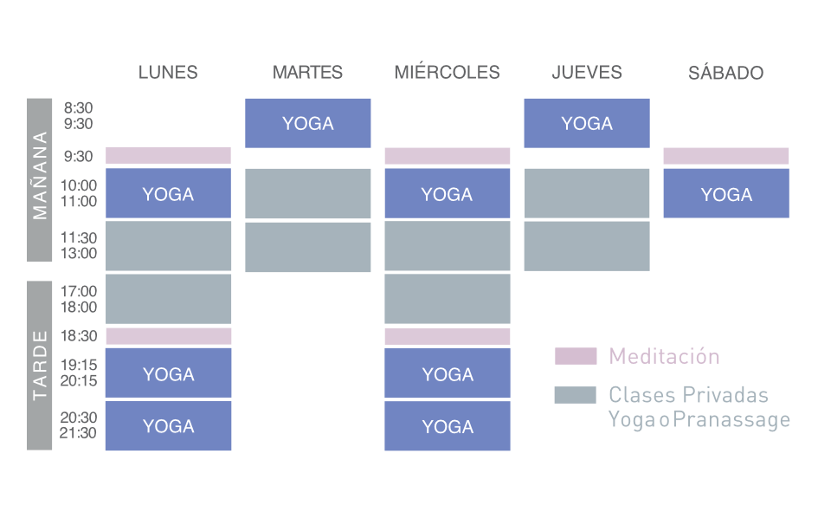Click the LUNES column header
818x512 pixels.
pyautogui.click(x=168, y=73)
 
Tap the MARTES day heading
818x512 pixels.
pyautogui.click(x=307, y=73)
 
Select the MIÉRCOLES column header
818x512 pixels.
pyautogui.click(x=447, y=73)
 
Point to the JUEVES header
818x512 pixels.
pyautogui.click(x=587, y=73)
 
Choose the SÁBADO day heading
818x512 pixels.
pyautogui.click(x=726, y=73)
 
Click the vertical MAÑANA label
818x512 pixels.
pyautogui.click(x=40, y=179)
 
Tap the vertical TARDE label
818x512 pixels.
pyautogui.click(x=40, y=365)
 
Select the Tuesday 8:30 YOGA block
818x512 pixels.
pyautogui.click(x=308, y=123)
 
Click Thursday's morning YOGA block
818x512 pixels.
pyautogui.click(x=587, y=123)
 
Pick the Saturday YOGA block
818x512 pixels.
pyautogui.click(x=726, y=193)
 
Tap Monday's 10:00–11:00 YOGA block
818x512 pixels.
pyautogui.click(x=168, y=193)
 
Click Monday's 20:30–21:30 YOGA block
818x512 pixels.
pyautogui.click(x=168, y=425)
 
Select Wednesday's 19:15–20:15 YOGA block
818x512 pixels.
pyautogui.click(x=448, y=373)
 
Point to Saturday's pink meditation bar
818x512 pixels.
pyautogui.click(x=726, y=156)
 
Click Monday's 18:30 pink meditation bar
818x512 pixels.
pyautogui.click(x=168, y=336)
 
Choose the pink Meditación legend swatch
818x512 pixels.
pyautogui.click(x=576, y=356)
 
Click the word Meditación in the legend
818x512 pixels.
pyautogui.click(x=664, y=356)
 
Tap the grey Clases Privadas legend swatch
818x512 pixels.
pyautogui.click(x=576, y=395)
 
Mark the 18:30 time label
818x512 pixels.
pyautogui.click(x=78, y=336)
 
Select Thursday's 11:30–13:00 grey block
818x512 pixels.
pyautogui.click(x=587, y=246)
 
